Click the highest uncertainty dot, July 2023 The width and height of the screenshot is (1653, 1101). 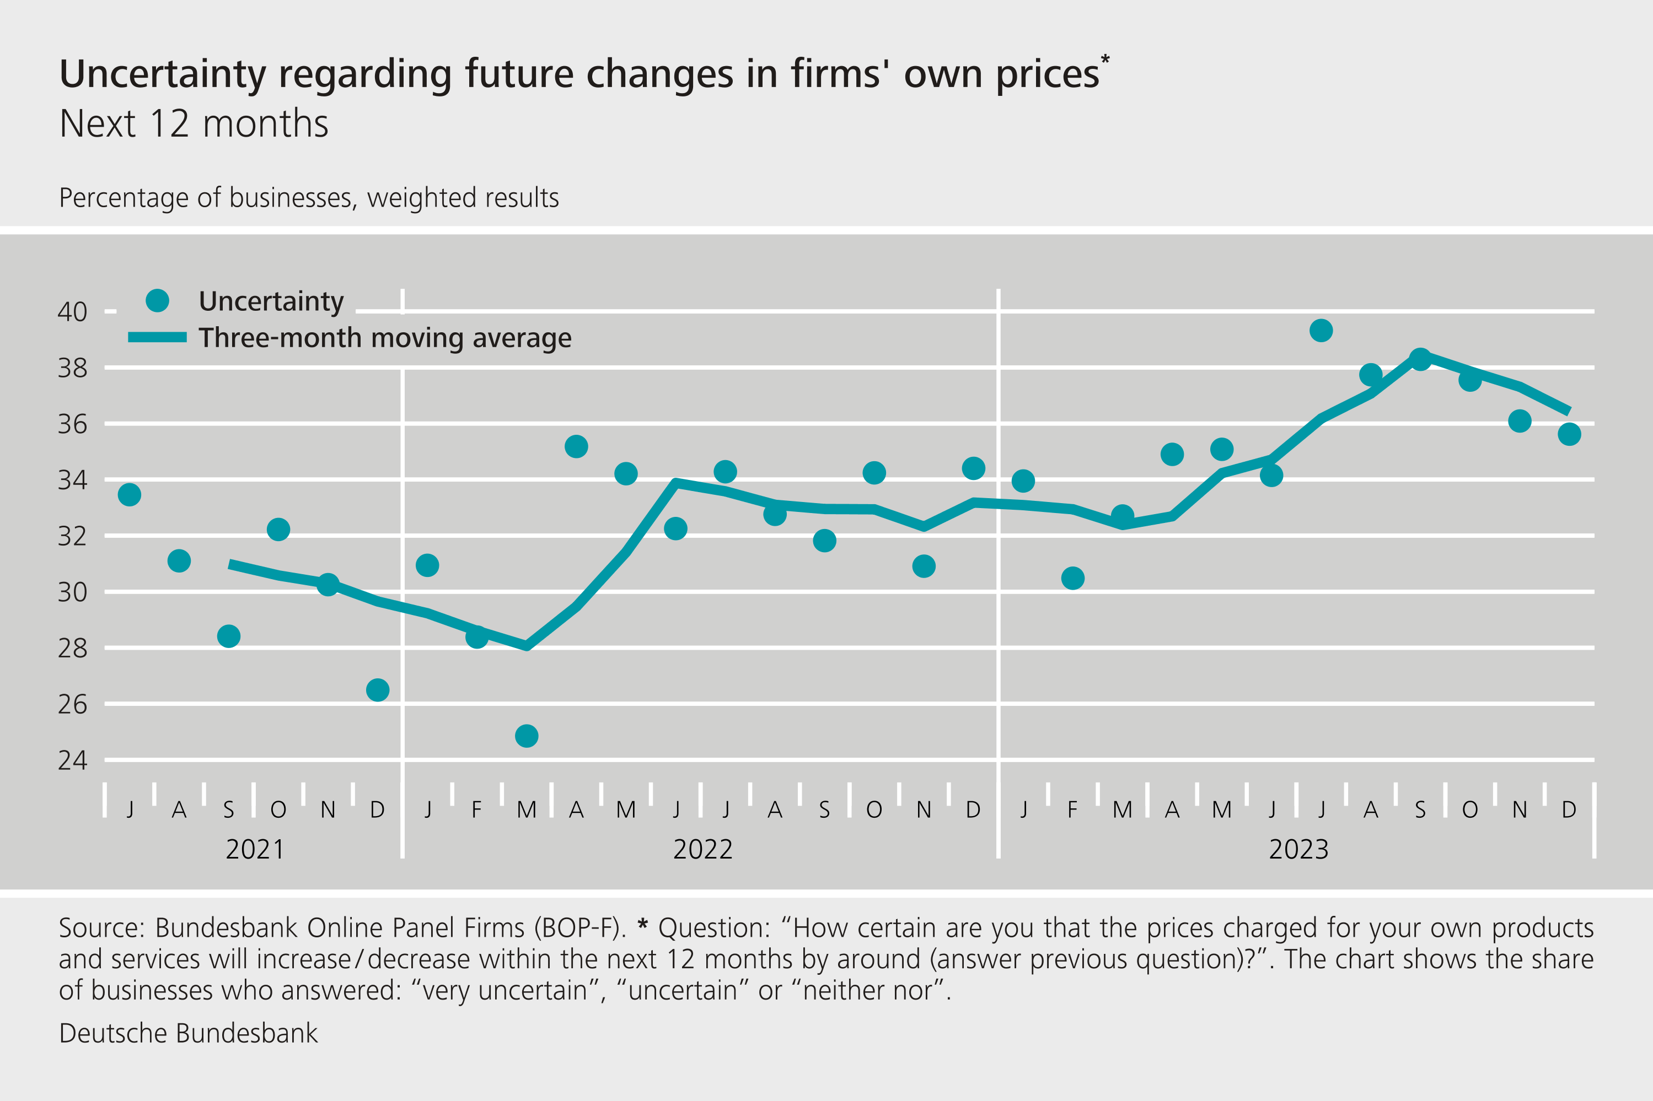tap(1321, 330)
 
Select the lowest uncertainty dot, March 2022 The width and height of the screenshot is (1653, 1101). tap(526, 736)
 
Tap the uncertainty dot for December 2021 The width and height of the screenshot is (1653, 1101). tap(377, 690)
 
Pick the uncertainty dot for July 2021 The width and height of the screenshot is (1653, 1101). tap(129, 494)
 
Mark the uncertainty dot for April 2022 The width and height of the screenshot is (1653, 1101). tap(576, 446)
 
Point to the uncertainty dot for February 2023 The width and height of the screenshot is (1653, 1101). tap(1073, 578)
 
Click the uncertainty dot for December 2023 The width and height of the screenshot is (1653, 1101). tap(1569, 435)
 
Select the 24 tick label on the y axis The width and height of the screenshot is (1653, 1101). tap(72, 760)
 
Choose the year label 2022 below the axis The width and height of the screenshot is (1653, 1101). tap(702, 850)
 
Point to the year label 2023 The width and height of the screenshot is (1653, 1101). tap(1298, 850)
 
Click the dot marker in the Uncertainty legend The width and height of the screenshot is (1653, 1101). tap(157, 300)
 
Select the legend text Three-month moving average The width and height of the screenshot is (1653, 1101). tap(385, 338)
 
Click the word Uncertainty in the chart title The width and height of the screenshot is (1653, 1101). tap(163, 74)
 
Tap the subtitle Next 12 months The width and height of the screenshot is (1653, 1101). tap(194, 125)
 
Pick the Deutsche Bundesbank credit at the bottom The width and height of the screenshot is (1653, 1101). tap(188, 1034)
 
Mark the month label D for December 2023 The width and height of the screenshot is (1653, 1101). tap(1569, 810)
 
